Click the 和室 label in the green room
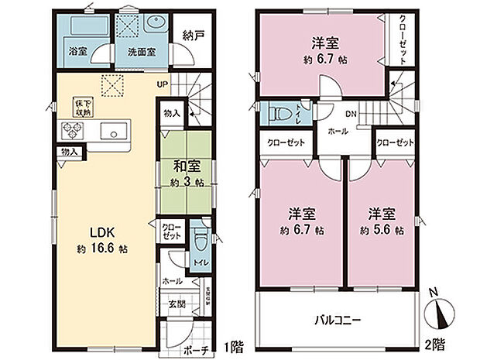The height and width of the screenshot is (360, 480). pyautogui.click(x=184, y=165)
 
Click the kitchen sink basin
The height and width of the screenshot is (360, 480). pyautogui.click(x=115, y=131)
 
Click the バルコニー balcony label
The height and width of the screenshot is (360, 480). pyautogui.click(x=338, y=320)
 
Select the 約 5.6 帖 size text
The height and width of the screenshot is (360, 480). pyautogui.click(x=382, y=230)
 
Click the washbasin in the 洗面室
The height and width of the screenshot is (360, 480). pyautogui.click(x=150, y=26)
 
